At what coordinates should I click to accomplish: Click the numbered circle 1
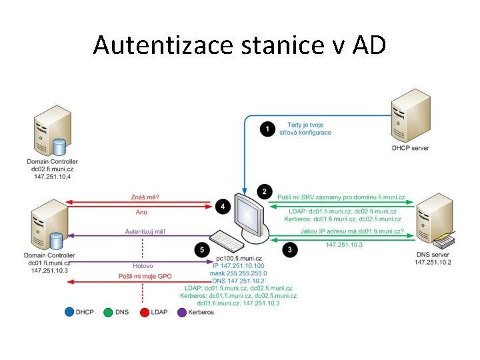[x=267, y=129]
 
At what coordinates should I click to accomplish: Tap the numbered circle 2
[x=265, y=192]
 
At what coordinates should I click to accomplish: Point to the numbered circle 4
[x=223, y=207]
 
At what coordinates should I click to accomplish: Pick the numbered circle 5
[x=201, y=249]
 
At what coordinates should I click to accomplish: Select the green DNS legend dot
[x=109, y=312]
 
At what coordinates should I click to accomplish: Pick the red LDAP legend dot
[x=145, y=312]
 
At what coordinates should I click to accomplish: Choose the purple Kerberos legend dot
[x=182, y=312]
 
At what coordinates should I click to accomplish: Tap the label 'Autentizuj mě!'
[x=145, y=231]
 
